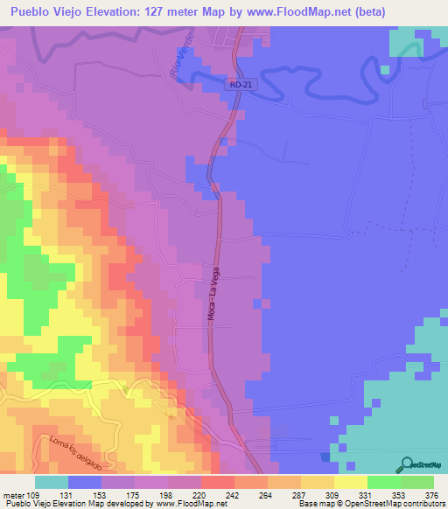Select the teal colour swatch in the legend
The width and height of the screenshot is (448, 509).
(52, 482)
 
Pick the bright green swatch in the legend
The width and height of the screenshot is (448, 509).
(383, 482)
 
